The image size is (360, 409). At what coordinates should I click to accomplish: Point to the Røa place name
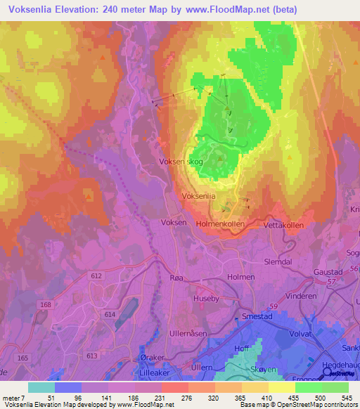179,278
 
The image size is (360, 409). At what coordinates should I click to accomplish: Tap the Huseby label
206,298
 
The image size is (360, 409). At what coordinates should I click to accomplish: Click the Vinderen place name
301,296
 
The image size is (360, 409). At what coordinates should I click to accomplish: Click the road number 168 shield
46,304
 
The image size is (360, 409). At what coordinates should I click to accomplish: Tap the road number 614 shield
110,315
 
